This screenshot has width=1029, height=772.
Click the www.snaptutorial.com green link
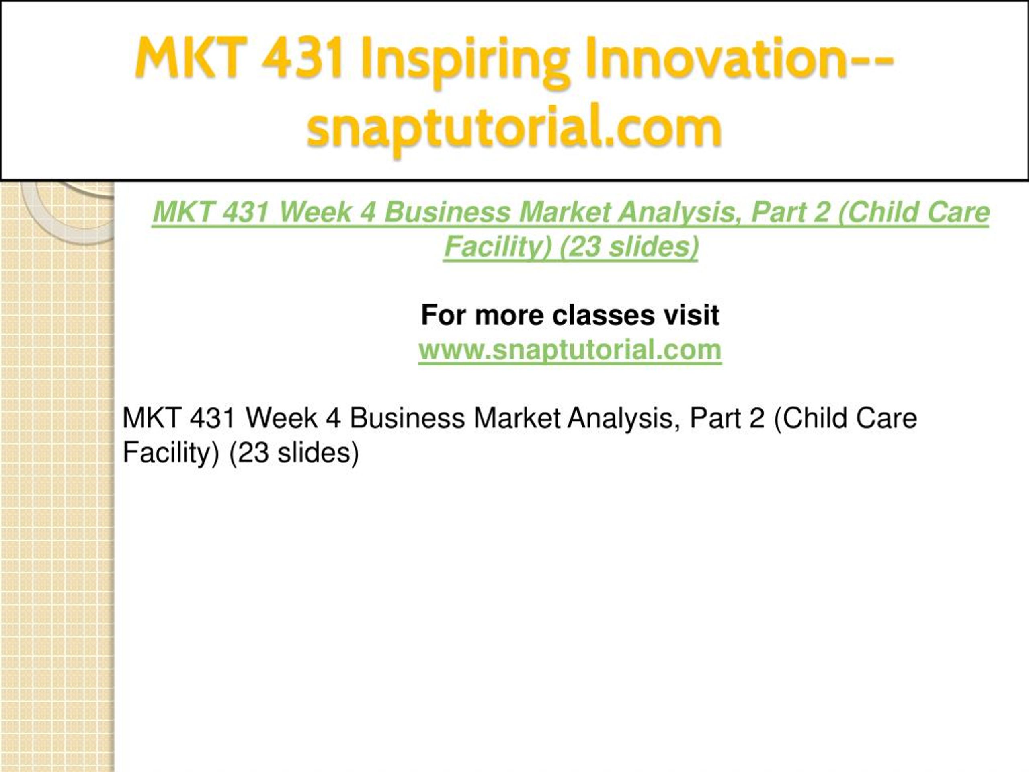coord(570,349)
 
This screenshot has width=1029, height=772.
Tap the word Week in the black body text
coord(282,417)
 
